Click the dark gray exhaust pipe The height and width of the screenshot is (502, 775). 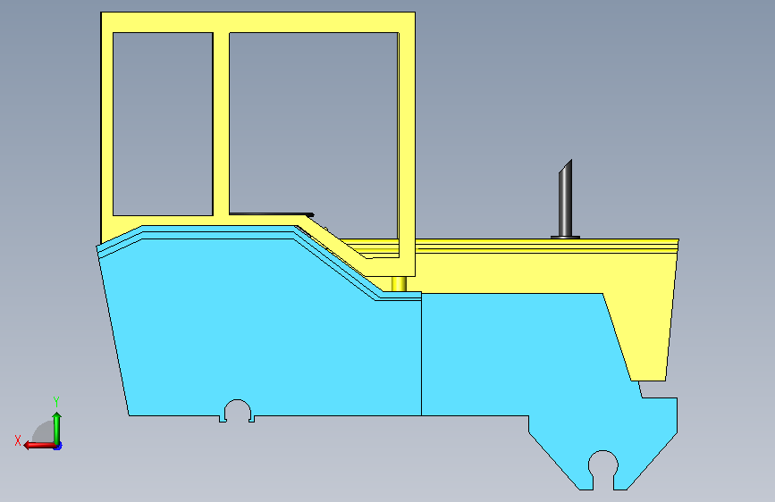coord(566,200)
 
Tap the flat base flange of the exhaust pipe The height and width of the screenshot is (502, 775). coord(566,238)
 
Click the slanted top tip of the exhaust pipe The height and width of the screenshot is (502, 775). coord(570,162)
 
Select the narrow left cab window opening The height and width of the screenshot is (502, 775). coord(163,124)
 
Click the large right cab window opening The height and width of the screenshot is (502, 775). coord(314,123)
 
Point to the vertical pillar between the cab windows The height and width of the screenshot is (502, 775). coord(221,124)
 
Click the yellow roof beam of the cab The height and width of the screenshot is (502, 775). coord(257,22)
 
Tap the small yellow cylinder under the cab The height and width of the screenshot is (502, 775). coord(399,284)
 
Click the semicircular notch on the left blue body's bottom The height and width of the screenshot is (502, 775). coord(238,409)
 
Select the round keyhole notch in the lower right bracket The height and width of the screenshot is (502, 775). coord(603,464)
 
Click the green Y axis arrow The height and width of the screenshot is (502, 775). coord(57,428)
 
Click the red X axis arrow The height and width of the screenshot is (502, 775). coord(39,445)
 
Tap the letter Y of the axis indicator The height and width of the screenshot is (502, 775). coord(56,401)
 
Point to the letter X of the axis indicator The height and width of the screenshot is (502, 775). coord(18,440)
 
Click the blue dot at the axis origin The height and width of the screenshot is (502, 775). coord(58,446)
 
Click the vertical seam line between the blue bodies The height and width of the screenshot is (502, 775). coord(421,354)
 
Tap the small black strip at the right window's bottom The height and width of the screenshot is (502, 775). coord(272,214)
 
